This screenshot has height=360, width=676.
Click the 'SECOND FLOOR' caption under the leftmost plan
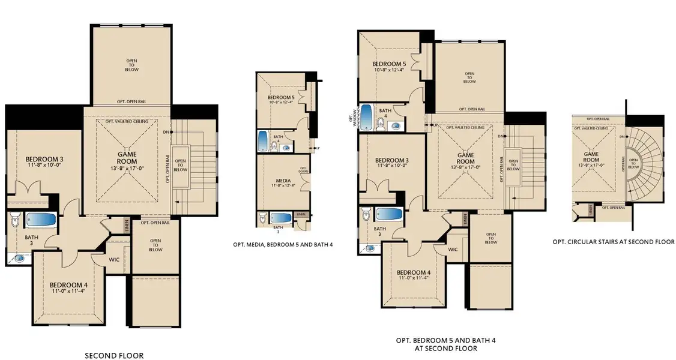114,356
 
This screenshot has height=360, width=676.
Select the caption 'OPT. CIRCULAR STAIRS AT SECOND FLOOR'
613,242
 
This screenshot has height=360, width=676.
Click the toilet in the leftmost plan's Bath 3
15,224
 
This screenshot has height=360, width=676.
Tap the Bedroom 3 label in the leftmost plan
44,160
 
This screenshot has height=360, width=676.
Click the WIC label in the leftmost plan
117,260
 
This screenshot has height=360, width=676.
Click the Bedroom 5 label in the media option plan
280,97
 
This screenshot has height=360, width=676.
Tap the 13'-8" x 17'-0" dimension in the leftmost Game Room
127,169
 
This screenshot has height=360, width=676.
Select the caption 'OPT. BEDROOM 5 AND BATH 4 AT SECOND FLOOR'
436,344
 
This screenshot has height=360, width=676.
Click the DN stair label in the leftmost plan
165,131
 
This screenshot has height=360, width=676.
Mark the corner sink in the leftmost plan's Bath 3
19,259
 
